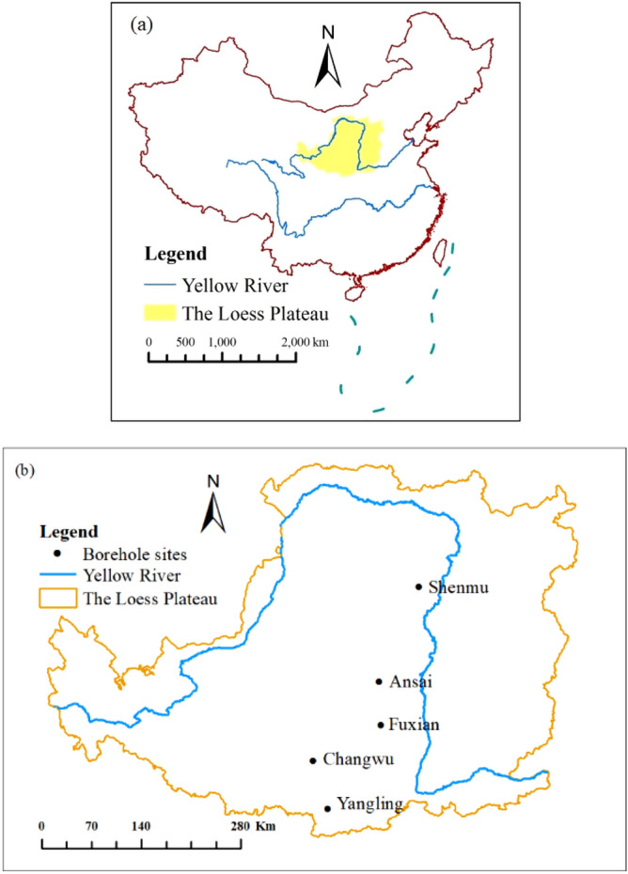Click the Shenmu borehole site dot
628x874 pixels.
point(418,587)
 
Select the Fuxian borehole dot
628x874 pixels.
point(381,725)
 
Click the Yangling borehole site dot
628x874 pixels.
point(327,807)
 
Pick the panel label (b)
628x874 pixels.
point(23,468)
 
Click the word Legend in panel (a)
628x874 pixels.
point(176,254)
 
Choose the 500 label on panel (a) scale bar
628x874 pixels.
point(185,342)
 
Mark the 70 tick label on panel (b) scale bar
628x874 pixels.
point(91,825)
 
